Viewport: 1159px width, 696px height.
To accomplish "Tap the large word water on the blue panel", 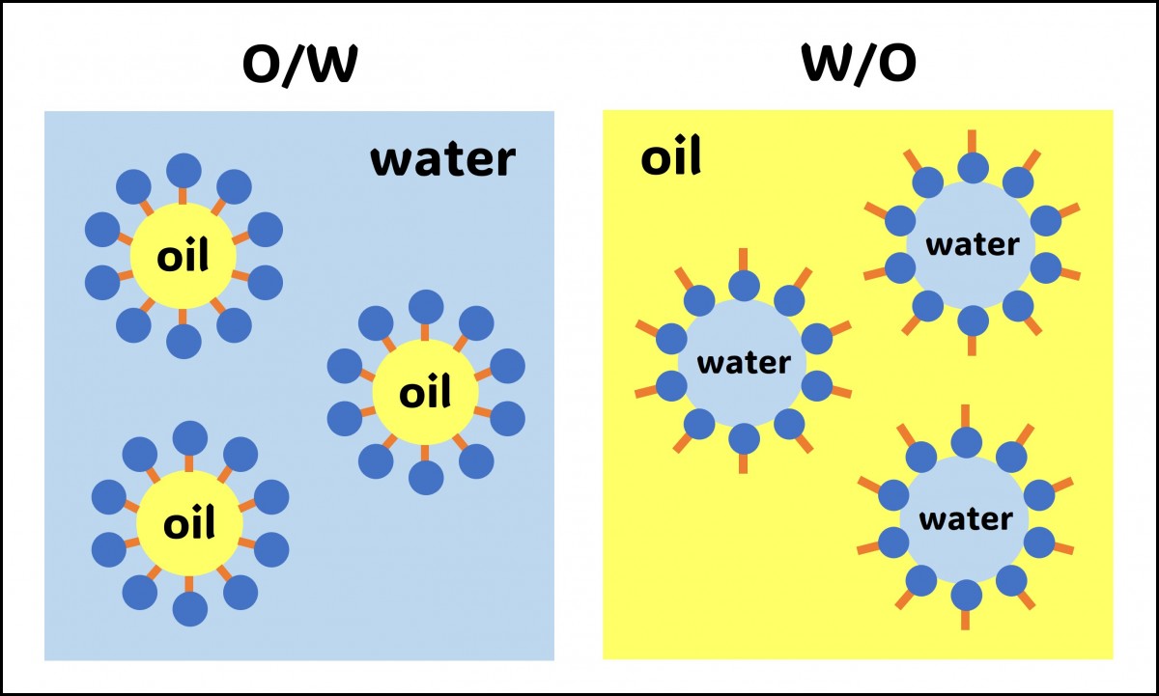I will click(443, 160).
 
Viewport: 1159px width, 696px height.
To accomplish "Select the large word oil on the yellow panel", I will click(670, 158).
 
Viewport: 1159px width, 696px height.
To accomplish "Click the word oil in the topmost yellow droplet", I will click(182, 257).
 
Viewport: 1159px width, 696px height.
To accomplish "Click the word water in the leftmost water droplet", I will click(744, 364).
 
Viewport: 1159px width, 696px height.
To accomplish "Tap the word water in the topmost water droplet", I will click(972, 244).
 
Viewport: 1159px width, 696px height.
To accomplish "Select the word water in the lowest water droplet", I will click(966, 519).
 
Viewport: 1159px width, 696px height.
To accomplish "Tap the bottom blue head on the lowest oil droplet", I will click(189, 609).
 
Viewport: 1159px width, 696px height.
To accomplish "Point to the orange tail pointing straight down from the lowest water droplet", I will click(966, 618).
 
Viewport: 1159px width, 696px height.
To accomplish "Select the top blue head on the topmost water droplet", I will click(973, 168).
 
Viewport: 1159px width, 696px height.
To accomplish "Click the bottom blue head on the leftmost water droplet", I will click(744, 438).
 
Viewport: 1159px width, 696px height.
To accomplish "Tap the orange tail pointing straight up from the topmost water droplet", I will click(973, 141).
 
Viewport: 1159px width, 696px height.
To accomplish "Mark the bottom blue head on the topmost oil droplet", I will click(184, 341).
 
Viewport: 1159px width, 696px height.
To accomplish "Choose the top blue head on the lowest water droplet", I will click(966, 442).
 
